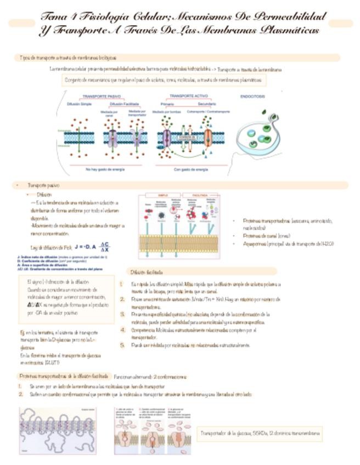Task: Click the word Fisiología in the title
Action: tap(104, 16)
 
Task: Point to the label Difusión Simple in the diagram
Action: tap(79, 103)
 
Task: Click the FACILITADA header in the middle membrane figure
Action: tap(196, 195)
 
